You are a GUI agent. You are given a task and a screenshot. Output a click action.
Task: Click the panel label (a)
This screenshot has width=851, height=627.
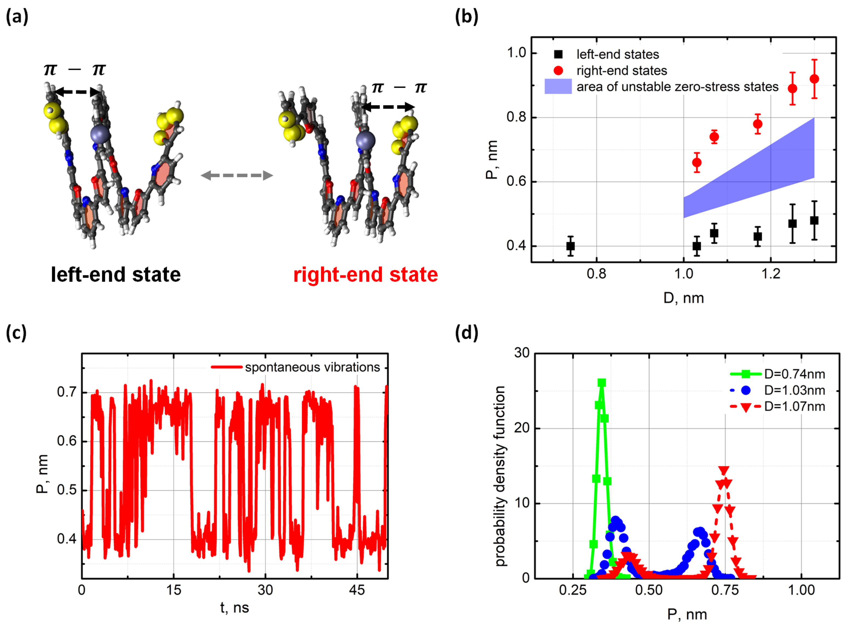17,17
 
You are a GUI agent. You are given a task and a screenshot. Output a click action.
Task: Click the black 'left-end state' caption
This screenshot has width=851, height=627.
116,274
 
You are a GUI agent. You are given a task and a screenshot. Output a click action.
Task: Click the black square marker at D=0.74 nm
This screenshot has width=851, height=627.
570,246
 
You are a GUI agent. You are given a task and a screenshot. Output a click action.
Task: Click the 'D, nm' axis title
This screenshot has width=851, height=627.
683,298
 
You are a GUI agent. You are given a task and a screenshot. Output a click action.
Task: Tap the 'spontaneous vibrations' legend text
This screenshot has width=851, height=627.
312,367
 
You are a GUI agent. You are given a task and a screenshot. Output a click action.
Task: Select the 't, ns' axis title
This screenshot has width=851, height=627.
234,608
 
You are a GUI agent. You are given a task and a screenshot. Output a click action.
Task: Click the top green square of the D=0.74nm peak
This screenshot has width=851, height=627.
602,383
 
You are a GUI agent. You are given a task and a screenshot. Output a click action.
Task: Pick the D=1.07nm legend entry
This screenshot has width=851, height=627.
794,406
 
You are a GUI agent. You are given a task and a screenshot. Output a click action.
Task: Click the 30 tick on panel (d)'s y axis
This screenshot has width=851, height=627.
522,353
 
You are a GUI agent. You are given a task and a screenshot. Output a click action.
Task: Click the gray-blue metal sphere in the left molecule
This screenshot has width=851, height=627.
100,134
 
